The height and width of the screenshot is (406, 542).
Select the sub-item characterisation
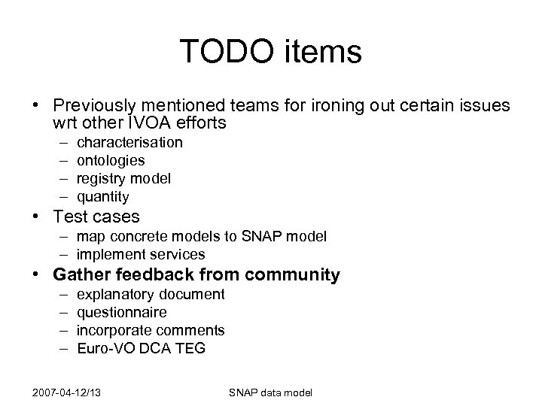click(x=129, y=142)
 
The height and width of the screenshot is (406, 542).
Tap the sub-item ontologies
click(x=111, y=160)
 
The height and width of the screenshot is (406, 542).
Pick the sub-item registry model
click(x=123, y=178)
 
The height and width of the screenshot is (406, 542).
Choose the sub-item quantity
click(x=103, y=197)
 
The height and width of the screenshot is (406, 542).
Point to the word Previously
click(x=99, y=104)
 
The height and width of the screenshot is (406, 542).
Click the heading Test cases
click(x=96, y=217)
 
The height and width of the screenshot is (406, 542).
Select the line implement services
click(x=141, y=255)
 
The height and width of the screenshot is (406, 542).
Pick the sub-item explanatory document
click(x=151, y=294)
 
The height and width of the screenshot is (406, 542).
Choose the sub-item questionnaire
click(x=122, y=312)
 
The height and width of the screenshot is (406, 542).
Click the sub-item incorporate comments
click(x=151, y=330)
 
